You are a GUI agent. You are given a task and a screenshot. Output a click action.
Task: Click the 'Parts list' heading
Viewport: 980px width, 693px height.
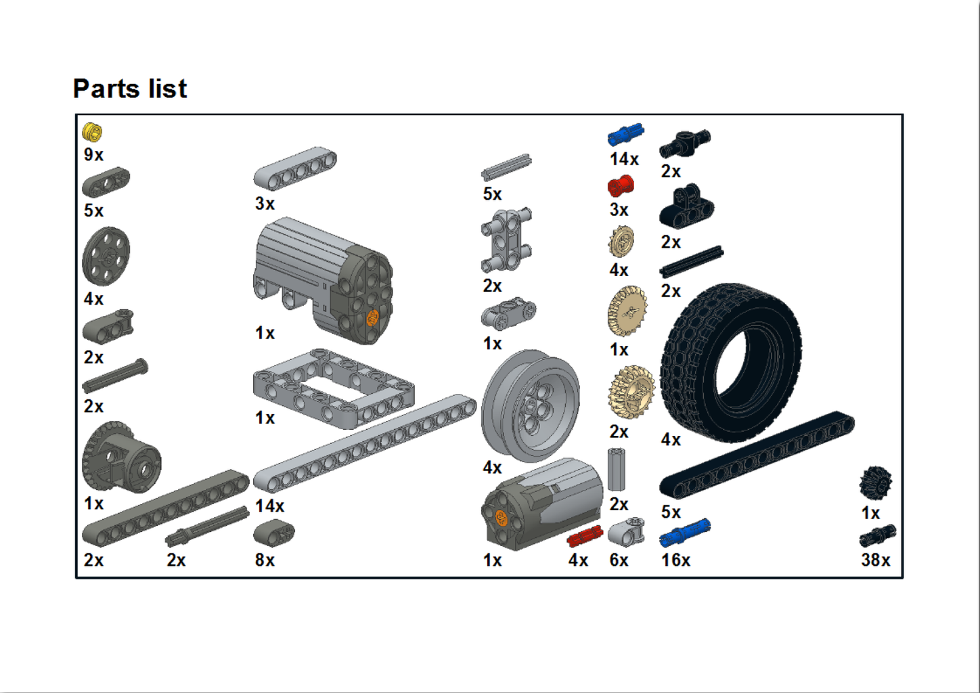click(130, 89)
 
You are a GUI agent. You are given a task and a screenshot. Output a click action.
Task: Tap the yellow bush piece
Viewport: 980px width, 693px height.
click(92, 132)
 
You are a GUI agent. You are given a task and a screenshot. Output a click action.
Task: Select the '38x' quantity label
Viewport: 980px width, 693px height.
click(876, 560)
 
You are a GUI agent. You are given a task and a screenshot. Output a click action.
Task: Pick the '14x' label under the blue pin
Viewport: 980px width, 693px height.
click(624, 159)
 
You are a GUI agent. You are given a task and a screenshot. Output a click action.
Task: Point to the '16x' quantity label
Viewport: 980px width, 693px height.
click(675, 560)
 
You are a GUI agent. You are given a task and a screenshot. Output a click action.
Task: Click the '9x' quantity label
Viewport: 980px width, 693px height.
click(93, 154)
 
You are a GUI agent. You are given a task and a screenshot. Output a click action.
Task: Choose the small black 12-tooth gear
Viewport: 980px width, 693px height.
click(876, 483)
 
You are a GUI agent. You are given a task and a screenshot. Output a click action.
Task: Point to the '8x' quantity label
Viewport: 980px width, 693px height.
click(265, 560)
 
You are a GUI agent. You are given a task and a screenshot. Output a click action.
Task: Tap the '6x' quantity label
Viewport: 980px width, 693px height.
click(619, 560)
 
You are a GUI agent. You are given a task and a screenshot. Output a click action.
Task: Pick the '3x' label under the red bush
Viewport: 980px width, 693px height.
click(619, 210)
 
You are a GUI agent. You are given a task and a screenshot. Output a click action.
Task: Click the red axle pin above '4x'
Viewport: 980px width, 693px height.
click(585, 537)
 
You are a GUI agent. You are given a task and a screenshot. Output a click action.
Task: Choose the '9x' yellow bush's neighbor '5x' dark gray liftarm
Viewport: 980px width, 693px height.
click(106, 181)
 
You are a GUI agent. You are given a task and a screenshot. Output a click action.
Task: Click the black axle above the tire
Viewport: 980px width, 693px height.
click(691, 262)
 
